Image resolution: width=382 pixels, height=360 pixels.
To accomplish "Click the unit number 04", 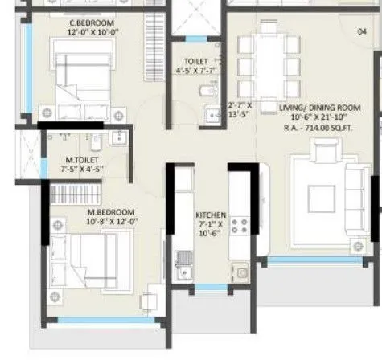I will click(363, 33).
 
